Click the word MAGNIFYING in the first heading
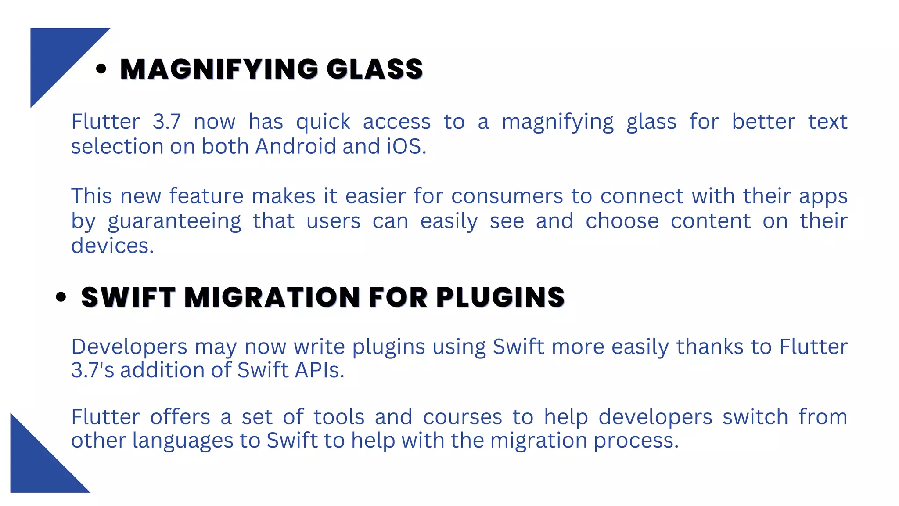[219, 69]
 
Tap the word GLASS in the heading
[374, 69]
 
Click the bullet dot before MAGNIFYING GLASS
[101, 69]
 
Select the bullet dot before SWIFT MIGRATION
[61, 297]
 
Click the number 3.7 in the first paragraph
[166, 122]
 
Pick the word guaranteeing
[174, 221]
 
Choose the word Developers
[129, 347]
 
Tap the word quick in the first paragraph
[323, 122]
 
